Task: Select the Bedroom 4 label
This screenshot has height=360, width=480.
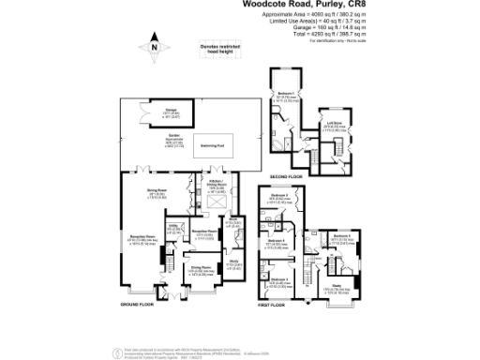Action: click(276, 241)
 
